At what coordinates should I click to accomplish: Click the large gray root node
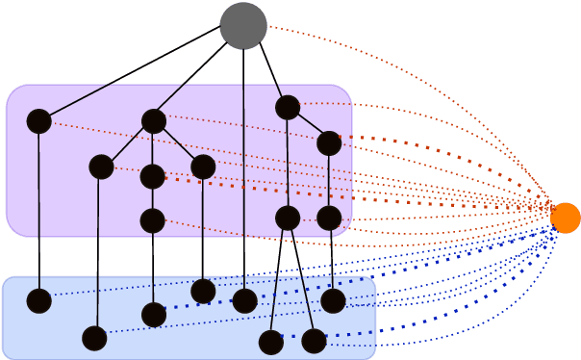pyautogui.click(x=243, y=26)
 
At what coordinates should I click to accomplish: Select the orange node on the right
pyautogui.click(x=566, y=218)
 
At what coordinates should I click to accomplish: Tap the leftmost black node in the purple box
pyautogui.click(x=38, y=121)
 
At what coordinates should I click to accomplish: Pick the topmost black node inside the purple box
pyautogui.click(x=288, y=108)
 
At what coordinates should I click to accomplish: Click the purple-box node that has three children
pyautogui.click(x=154, y=121)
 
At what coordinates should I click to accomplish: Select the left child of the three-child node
pyautogui.click(x=101, y=167)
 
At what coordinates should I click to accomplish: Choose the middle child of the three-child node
pyautogui.click(x=152, y=177)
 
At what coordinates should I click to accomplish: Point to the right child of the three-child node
pyautogui.click(x=203, y=167)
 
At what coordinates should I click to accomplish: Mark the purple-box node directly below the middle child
pyautogui.click(x=152, y=221)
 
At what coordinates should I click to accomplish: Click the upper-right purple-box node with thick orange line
pyautogui.click(x=329, y=143)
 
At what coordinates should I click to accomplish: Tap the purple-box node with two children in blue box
pyautogui.click(x=288, y=219)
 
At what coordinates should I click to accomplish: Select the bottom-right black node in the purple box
pyautogui.click(x=329, y=219)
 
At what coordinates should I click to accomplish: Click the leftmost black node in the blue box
pyautogui.click(x=38, y=301)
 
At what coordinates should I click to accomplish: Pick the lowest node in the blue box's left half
pyautogui.click(x=94, y=338)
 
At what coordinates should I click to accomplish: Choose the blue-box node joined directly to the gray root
pyautogui.click(x=245, y=301)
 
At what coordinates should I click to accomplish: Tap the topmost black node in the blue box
pyautogui.click(x=203, y=291)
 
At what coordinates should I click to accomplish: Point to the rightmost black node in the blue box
pyautogui.click(x=333, y=301)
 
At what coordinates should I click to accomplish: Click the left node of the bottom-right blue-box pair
pyautogui.click(x=271, y=342)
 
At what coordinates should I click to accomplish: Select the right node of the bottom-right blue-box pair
pyautogui.click(x=314, y=341)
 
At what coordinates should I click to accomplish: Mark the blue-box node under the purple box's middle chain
pyautogui.click(x=154, y=315)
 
